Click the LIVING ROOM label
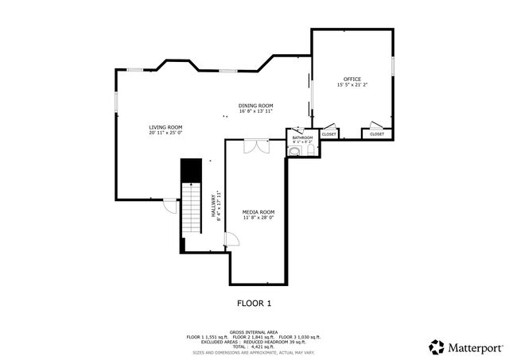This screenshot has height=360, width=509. coord(165,127)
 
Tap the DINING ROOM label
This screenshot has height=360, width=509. coord(256,106)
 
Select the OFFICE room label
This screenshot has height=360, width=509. coord(352,79)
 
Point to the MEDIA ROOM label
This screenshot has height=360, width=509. coord(258,212)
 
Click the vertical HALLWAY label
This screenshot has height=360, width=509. coord(212,206)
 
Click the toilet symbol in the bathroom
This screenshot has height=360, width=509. coord(293,151)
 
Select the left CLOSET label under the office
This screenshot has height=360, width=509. coord(329,134)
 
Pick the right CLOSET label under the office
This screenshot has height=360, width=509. coord(377,134)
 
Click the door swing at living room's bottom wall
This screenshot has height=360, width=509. coord(169,205)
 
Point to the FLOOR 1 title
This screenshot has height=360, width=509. coord(254,303)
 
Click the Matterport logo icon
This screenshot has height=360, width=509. coord(437,347)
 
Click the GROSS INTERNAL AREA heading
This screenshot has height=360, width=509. coord(254,331)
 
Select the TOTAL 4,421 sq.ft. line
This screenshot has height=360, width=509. coord(254,346)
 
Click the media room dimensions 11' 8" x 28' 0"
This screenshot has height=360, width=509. coord(258,218)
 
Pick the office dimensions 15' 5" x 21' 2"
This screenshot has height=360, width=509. coord(352,84)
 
